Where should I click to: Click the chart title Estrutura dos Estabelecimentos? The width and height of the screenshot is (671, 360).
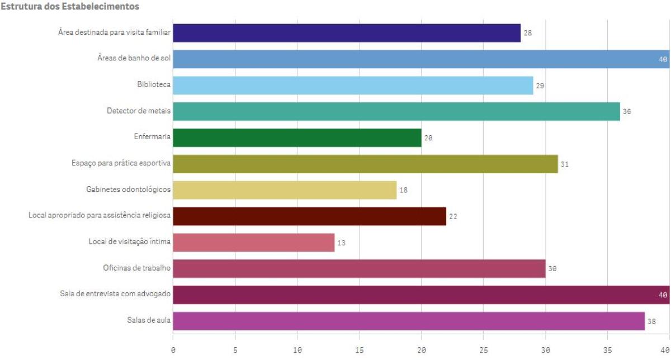[x=70, y=7]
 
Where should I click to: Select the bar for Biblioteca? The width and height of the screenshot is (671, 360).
[x=353, y=86]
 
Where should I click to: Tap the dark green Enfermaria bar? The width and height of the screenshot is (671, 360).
[x=297, y=138]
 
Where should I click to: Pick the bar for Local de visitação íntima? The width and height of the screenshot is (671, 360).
[x=253, y=243]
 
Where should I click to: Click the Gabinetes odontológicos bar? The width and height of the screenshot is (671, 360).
[x=285, y=190]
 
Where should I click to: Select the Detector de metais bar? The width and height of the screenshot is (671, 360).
[x=396, y=111]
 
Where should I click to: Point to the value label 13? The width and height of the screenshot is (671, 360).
[x=341, y=243]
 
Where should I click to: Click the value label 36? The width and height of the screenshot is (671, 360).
[x=627, y=112]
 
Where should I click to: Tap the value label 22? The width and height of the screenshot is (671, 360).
[x=453, y=216]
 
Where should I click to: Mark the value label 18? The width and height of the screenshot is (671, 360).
[x=403, y=190]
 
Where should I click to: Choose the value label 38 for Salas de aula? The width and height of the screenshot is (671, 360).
[x=651, y=321]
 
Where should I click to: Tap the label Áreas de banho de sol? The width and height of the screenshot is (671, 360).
[x=134, y=59]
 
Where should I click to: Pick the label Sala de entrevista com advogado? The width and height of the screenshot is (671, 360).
[x=115, y=295]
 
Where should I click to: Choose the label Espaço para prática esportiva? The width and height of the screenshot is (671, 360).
[x=121, y=164]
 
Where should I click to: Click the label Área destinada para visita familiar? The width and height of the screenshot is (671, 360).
[x=114, y=32]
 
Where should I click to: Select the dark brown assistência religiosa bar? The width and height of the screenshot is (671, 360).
[x=309, y=216]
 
